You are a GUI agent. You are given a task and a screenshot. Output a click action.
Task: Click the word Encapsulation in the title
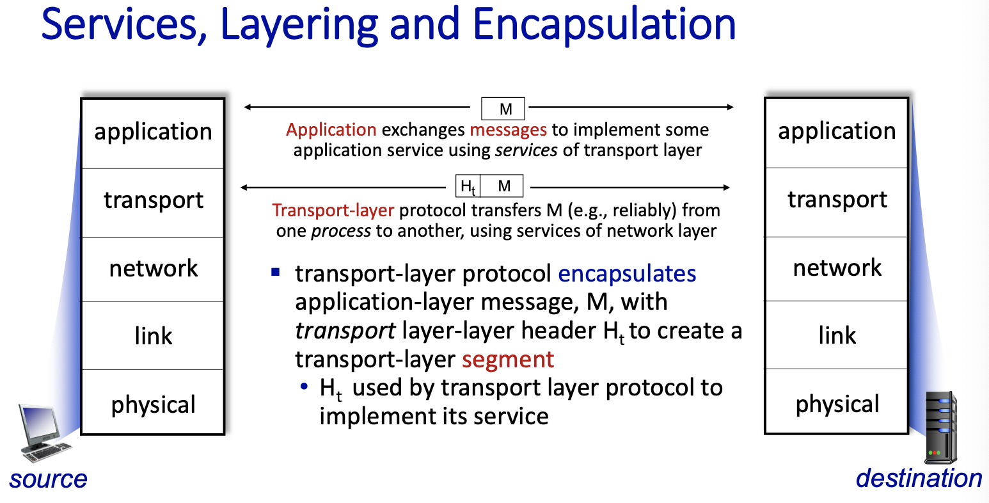pos(604,26)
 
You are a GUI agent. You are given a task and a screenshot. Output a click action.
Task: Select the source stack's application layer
pos(153,133)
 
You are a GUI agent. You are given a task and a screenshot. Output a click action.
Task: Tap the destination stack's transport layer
pos(837,202)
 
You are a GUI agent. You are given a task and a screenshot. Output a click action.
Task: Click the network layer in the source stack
pos(153,269)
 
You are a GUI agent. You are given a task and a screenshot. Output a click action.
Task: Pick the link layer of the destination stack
pos(837,335)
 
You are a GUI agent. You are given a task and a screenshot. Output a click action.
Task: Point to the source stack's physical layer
pos(153,401)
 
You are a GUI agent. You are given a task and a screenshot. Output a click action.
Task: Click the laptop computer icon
pos(45,433)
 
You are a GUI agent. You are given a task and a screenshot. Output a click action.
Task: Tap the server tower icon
pos(941,427)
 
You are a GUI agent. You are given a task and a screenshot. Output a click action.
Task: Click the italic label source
pos(48,479)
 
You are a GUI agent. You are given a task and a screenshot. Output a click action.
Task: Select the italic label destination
pos(919,478)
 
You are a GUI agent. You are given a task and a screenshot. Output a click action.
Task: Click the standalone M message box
pos(503,109)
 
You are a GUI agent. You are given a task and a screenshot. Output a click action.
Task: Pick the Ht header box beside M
pos(468,186)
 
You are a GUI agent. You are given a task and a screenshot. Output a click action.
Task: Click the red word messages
pos(508,130)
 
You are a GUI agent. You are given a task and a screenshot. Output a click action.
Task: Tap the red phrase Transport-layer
pos(333,211)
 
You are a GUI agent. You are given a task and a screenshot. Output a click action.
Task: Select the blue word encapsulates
pos(627,274)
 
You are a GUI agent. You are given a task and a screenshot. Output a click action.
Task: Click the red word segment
pos(508,360)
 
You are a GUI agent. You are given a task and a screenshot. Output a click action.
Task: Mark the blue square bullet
pos(276,272)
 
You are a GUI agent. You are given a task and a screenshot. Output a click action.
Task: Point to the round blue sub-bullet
pos(304,387)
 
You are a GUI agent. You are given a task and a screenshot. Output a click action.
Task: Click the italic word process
pos(342,232)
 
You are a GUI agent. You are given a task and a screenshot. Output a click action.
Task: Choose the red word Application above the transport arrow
pos(331,131)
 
